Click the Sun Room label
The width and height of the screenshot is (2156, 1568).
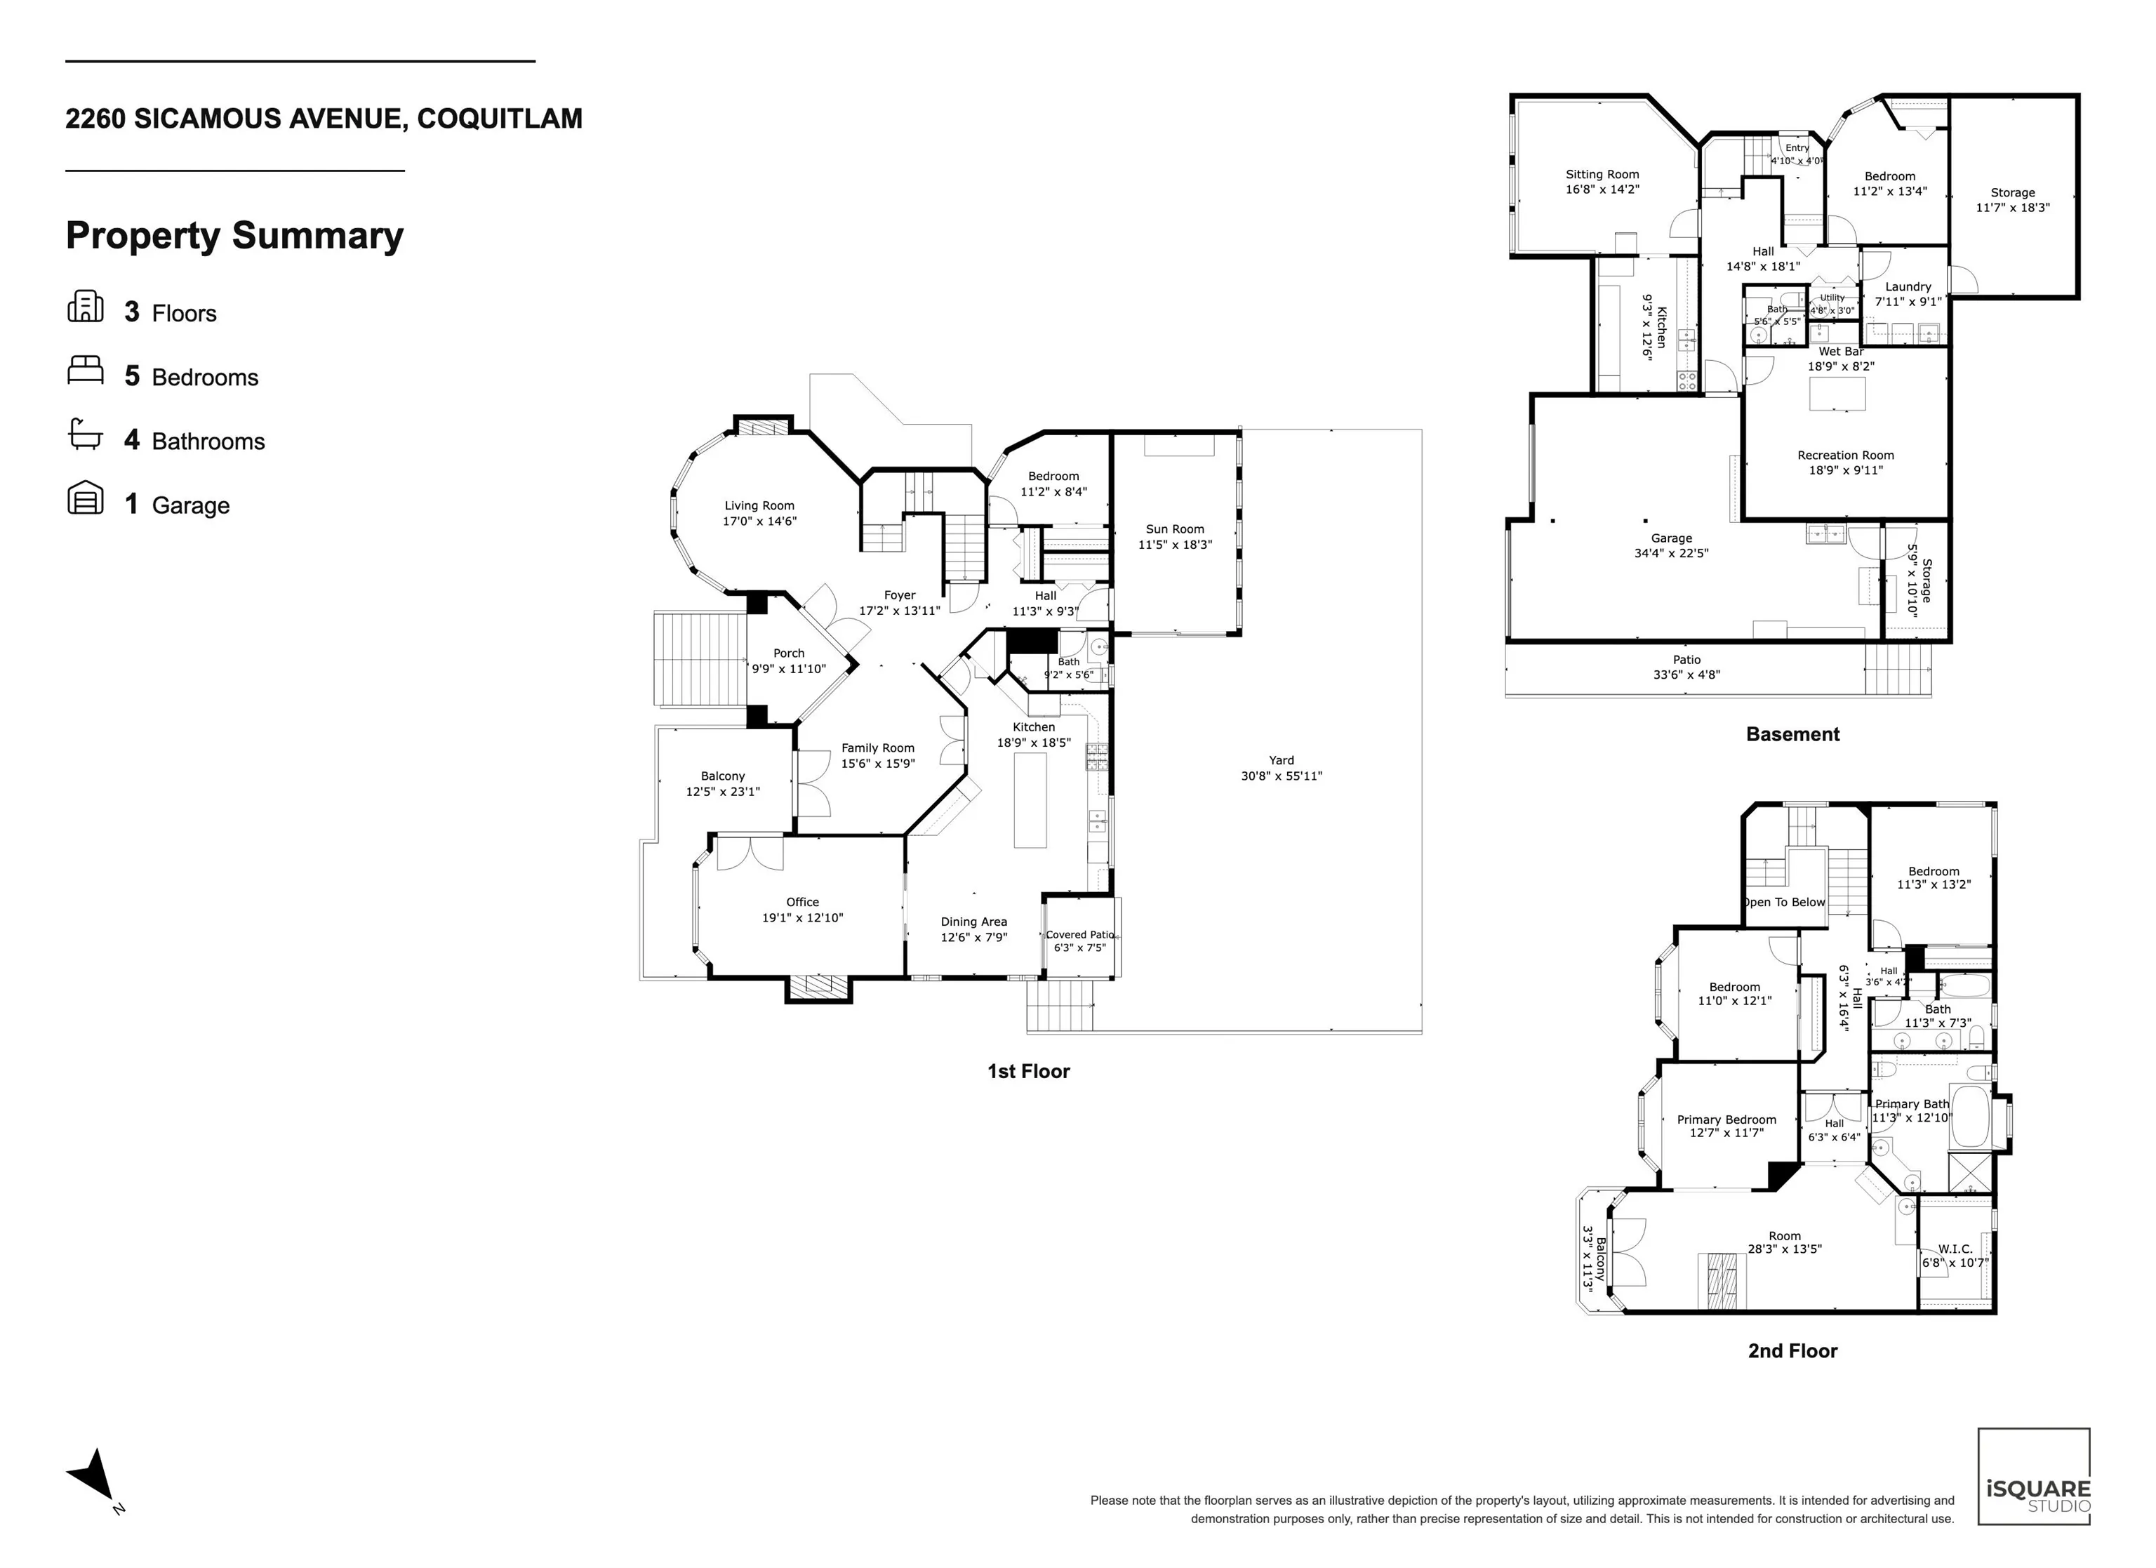(1175, 529)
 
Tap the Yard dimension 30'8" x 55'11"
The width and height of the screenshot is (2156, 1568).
(1282, 776)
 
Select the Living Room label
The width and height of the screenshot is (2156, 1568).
(759, 506)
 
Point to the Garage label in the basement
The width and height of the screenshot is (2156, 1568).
(1671, 538)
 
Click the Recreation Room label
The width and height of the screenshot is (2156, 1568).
(1845, 456)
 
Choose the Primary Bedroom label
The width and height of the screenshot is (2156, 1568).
(1726, 1119)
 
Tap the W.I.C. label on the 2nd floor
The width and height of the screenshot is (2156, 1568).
(1955, 1249)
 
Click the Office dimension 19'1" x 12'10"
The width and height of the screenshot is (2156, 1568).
(802, 917)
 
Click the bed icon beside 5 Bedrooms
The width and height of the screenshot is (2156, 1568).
(85, 371)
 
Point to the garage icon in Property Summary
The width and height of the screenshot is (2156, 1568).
(85, 498)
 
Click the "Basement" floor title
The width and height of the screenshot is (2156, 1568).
(1793, 734)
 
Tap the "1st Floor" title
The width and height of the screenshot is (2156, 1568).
(1029, 1072)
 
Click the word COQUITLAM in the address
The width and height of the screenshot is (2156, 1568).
(500, 119)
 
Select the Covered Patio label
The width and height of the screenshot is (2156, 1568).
(1080, 935)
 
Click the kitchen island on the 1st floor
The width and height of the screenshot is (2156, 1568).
(1030, 799)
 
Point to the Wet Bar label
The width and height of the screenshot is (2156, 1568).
(1842, 352)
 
